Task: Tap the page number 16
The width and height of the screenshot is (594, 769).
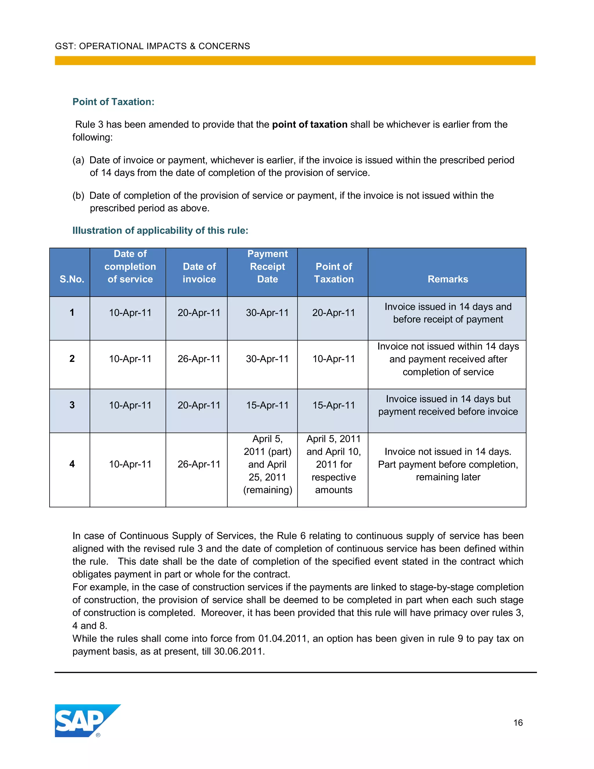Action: [x=518, y=723]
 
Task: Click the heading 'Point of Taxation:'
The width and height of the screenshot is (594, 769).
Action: [x=113, y=102]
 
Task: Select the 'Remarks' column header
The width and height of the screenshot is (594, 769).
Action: [x=448, y=279]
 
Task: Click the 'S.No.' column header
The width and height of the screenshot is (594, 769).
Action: [x=72, y=279]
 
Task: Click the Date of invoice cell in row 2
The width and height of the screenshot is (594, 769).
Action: [x=199, y=359]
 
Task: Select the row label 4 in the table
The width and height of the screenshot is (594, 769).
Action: [x=72, y=464]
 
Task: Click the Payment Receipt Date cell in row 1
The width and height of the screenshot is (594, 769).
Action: [x=267, y=313]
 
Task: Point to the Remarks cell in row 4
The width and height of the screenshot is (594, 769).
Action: [x=448, y=464]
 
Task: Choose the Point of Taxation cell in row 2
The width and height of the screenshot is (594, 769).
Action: [x=334, y=359]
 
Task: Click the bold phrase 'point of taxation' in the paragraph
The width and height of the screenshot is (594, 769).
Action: [x=310, y=124]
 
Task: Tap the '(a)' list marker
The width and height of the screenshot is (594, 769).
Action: [x=79, y=160]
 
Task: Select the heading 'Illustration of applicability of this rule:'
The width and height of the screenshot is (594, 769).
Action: [x=160, y=230]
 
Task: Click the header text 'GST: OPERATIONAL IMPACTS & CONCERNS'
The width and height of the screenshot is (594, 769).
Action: [x=152, y=46]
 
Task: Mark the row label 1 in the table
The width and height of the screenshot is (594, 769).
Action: [x=72, y=312]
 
